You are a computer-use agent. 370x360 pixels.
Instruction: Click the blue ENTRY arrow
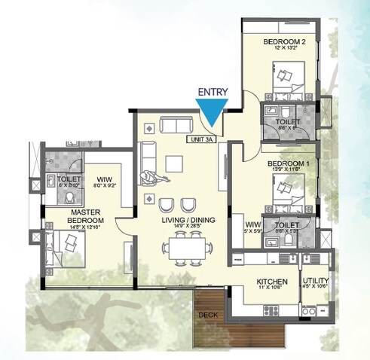click(214, 114)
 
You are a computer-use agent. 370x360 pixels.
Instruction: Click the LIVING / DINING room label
click(179, 219)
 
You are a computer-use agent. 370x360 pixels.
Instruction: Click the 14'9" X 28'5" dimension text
click(179, 227)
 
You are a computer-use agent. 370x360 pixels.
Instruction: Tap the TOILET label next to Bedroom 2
click(288, 121)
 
